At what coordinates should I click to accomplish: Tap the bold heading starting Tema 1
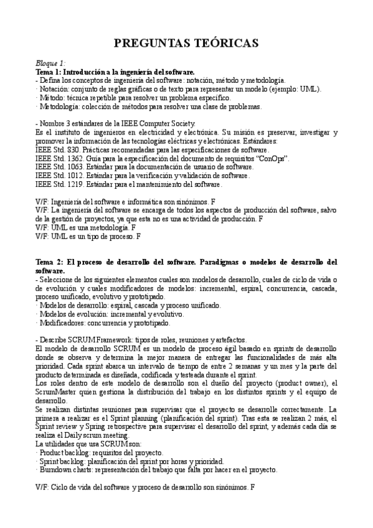tap(115, 72)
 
